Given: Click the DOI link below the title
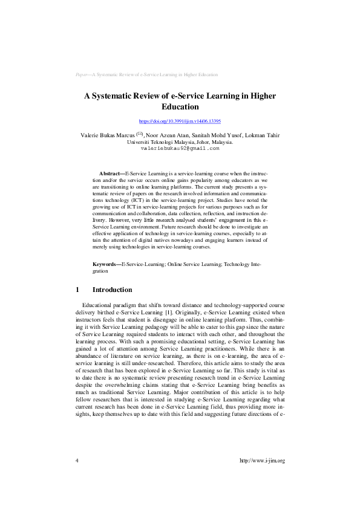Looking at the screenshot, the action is coord(180,121).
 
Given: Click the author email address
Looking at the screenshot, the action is coord(180,148).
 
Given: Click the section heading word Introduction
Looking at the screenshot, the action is coord(112,290).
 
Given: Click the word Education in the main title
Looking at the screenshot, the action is coord(180,107).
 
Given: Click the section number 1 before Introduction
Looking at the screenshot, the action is coord(77,290).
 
